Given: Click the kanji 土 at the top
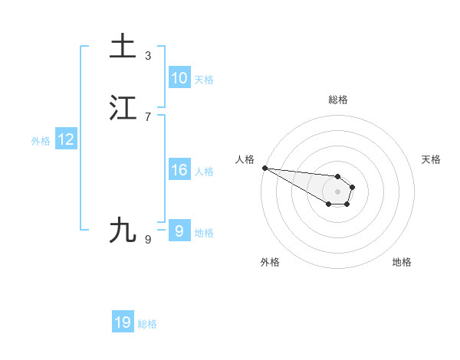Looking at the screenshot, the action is pos(123,46).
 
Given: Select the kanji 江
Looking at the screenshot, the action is pos(123,108).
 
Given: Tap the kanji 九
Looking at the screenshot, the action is pos(123,230).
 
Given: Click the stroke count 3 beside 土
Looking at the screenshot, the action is pos(148,55).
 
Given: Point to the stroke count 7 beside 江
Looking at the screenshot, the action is pos(148,116).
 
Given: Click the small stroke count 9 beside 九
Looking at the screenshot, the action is pos(148,240).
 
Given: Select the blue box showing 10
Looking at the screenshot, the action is pos(179,78).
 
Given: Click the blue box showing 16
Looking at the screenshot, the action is pos(179,170).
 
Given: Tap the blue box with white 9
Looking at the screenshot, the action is pos(179,231).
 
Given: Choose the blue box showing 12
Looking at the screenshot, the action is pos(66,139).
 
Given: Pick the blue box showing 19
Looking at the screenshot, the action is pos(123,322).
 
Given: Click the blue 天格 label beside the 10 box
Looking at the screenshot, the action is pos(204,80).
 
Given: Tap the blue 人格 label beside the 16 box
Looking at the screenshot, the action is pos(204,172).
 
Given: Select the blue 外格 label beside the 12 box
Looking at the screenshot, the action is pos(41,141).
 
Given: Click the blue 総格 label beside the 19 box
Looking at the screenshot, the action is pos(147,324).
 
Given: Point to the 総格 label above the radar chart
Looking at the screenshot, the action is pos(338,100).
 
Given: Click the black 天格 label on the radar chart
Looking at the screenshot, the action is pos(431,159).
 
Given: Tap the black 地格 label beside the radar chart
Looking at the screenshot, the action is pos(402,262).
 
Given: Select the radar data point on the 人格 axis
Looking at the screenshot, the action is pos(264,168).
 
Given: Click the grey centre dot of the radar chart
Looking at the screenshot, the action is pos(338,191).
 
